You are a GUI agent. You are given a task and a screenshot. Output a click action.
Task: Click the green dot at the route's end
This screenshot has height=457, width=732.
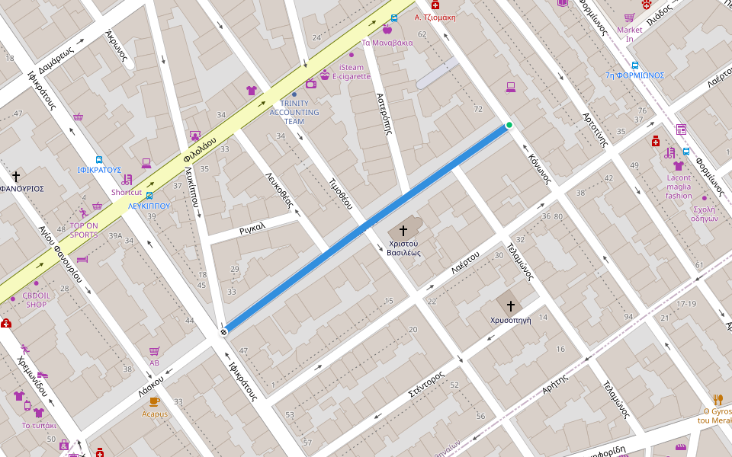509,125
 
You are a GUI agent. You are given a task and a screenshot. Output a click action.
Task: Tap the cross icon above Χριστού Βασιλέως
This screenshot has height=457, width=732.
403,229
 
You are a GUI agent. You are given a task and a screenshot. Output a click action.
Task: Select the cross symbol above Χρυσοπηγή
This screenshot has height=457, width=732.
511,305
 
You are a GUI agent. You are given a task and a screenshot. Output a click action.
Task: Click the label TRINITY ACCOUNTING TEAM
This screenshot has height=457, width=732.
294,112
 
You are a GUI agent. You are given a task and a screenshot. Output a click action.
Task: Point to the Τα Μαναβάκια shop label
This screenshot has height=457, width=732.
387,43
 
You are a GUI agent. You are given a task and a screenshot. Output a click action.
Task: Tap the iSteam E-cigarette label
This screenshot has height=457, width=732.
352,72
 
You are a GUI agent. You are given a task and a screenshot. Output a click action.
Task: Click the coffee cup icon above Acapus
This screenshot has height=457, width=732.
154,401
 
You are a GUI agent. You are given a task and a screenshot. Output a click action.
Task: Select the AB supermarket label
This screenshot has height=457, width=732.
154,363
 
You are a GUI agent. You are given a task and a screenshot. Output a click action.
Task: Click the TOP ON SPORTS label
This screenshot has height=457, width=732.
84,230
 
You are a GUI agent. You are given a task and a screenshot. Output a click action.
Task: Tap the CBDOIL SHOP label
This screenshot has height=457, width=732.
35,299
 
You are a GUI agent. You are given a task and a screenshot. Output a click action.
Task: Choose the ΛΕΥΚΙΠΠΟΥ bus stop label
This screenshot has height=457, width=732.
149,206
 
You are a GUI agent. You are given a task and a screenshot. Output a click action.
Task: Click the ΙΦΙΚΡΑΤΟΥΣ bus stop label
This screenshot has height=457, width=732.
99,170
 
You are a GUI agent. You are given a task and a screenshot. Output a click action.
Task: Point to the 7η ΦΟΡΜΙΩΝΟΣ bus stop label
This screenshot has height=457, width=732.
634,75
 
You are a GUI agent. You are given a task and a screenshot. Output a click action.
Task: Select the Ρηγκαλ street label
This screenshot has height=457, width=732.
252,227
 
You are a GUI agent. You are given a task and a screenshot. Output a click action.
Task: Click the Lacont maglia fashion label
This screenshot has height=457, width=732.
679,187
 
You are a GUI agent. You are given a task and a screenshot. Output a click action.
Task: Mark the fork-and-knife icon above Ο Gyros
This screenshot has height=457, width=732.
718,399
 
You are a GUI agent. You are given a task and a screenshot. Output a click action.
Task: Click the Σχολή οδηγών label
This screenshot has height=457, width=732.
704,214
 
